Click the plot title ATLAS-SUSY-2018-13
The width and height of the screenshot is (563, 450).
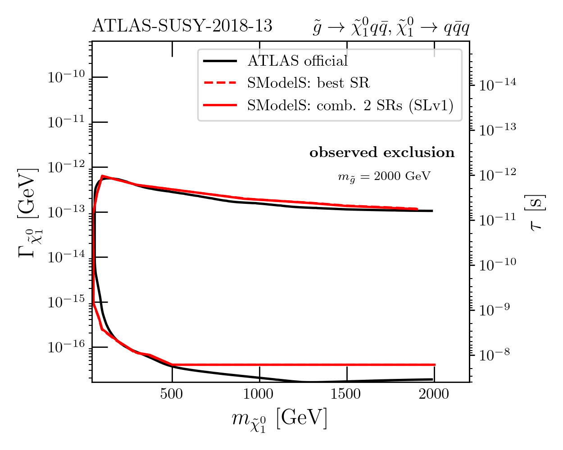(x=182, y=26)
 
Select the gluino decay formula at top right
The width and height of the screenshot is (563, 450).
(x=391, y=28)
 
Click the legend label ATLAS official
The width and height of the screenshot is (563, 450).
(x=298, y=61)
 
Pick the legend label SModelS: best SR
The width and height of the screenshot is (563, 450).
(x=308, y=83)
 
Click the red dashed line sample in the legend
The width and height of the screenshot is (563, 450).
(x=220, y=83)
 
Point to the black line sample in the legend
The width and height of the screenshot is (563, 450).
(x=220, y=61)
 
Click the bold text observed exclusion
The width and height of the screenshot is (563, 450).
(x=382, y=153)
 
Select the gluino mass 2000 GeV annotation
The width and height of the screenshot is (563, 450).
(x=384, y=176)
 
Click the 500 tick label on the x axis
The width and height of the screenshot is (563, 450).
(x=172, y=394)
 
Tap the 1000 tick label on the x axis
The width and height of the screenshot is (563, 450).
(x=259, y=394)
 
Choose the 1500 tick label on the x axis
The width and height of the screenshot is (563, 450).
(x=346, y=394)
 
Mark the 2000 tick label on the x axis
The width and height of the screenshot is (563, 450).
(x=434, y=394)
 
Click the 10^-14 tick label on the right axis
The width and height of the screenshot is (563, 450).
(x=497, y=84)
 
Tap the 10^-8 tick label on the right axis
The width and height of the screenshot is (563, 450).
(x=495, y=355)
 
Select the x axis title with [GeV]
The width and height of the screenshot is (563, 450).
(x=279, y=420)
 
